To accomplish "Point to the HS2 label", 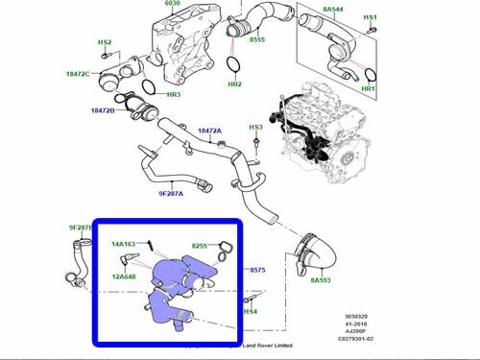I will tap(106, 43).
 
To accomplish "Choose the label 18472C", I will tap(78, 74).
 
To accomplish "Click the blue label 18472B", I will tap(102, 111).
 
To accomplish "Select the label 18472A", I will tap(209, 131).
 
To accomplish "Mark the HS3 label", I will tap(255, 128).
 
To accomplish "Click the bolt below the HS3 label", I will tap(257, 146).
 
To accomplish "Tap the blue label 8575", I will tap(257, 272).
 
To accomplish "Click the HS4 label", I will tap(251, 312).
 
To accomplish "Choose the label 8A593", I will tap(322, 280).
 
